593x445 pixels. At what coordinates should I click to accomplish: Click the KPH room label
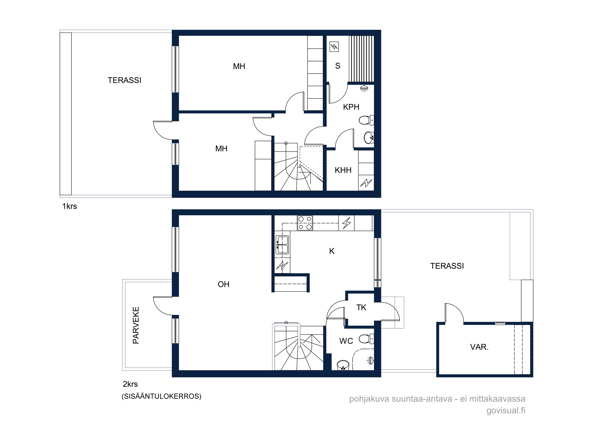351,107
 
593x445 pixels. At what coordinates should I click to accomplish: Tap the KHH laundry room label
343,170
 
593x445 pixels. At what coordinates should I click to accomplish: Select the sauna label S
338,66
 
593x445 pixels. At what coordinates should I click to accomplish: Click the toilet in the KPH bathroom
366,120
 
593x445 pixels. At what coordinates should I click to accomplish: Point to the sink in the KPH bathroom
369,138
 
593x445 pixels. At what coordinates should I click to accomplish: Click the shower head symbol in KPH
364,88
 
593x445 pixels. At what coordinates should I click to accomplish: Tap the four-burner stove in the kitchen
305,223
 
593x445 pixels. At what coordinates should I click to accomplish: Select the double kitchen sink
282,245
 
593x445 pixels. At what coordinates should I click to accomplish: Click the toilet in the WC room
366,338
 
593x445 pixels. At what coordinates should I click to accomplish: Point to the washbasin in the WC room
343,365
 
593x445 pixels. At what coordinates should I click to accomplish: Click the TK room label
361,308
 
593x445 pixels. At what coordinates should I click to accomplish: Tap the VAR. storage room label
479,347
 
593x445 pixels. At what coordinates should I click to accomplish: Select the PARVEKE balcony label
136,325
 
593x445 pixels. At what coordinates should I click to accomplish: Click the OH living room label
224,285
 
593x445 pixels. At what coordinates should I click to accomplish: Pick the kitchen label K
332,251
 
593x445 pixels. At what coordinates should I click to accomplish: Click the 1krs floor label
70,206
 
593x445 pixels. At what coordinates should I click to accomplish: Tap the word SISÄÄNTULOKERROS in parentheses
162,396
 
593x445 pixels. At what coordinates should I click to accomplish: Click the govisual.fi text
506,411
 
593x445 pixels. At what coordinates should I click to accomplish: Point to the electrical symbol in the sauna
334,47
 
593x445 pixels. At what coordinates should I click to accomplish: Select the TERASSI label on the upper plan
125,80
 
